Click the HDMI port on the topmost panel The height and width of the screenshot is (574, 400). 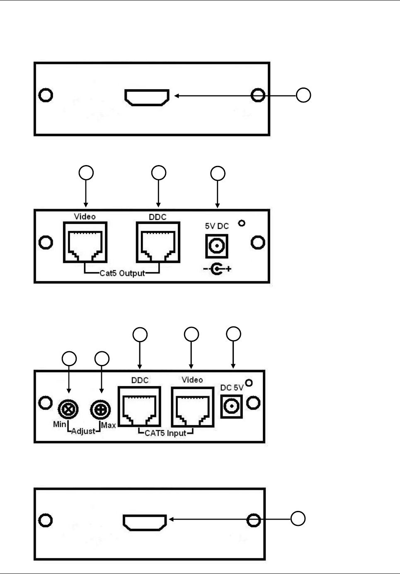[147, 97]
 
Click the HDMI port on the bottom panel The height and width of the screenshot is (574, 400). [145, 523]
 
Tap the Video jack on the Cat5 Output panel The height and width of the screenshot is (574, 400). [85, 243]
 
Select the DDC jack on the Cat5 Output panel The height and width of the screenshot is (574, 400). [158, 243]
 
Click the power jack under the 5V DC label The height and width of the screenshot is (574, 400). [216, 246]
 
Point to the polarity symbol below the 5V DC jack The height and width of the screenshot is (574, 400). [217, 269]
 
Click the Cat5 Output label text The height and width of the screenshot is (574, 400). [122, 273]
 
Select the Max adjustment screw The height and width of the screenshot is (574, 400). [100, 410]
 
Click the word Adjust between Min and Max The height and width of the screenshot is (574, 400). [83, 431]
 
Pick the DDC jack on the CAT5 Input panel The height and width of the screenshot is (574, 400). [139, 406]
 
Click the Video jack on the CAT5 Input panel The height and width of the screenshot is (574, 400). [192, 406]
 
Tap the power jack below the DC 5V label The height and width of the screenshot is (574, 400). [231, 406]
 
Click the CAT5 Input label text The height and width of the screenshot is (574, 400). [165, 433]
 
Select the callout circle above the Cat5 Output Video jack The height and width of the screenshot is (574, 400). [86, 173]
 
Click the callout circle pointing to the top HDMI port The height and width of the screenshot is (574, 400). [303, 95]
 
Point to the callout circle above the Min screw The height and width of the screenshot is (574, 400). [69, 359]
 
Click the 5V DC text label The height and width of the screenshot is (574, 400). [217, 226]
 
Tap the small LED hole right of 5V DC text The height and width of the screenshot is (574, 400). [242, 223]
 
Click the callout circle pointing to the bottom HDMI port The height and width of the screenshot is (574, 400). [298, 518]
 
